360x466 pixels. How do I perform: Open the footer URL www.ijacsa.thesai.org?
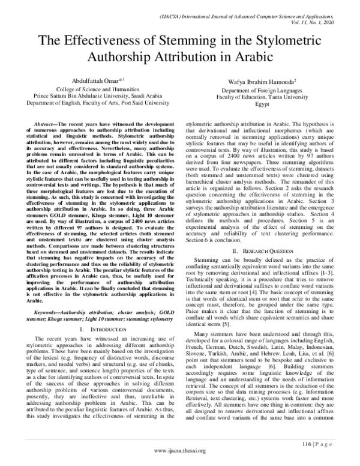tap(180, 459)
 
